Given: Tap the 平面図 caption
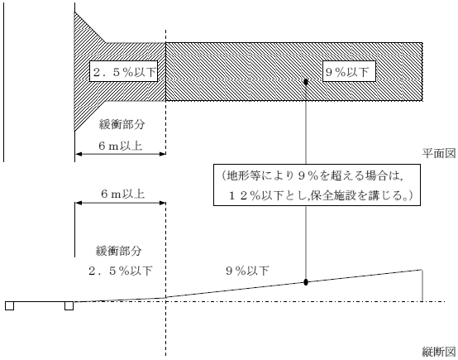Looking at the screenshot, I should click(x=435, y=154).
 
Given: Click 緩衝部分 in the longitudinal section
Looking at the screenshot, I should click(x=119, y=250).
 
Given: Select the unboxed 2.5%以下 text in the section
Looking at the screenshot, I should click(x=119, y=270).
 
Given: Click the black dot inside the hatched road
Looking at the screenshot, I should click(x=306, y=81).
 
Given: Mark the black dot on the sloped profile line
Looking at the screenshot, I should click(x=306, y=282).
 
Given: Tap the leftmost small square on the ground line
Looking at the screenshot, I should click(x=8, y=305).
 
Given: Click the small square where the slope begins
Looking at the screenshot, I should click(x=69, y=305).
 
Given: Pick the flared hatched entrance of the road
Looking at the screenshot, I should click(x=86, y=70).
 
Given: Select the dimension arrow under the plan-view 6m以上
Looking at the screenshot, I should click(x=120, y=155).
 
